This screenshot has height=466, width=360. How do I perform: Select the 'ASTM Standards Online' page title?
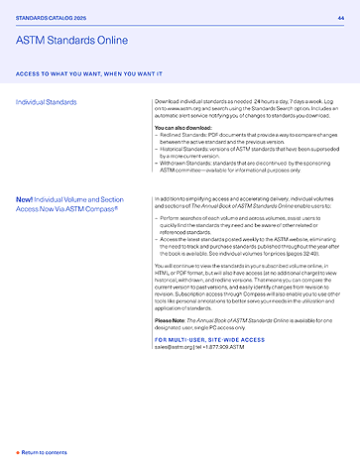coord(71,40)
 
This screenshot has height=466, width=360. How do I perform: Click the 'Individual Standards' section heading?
coord(51,103)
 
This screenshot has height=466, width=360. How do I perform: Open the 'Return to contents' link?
coord(45,451)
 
